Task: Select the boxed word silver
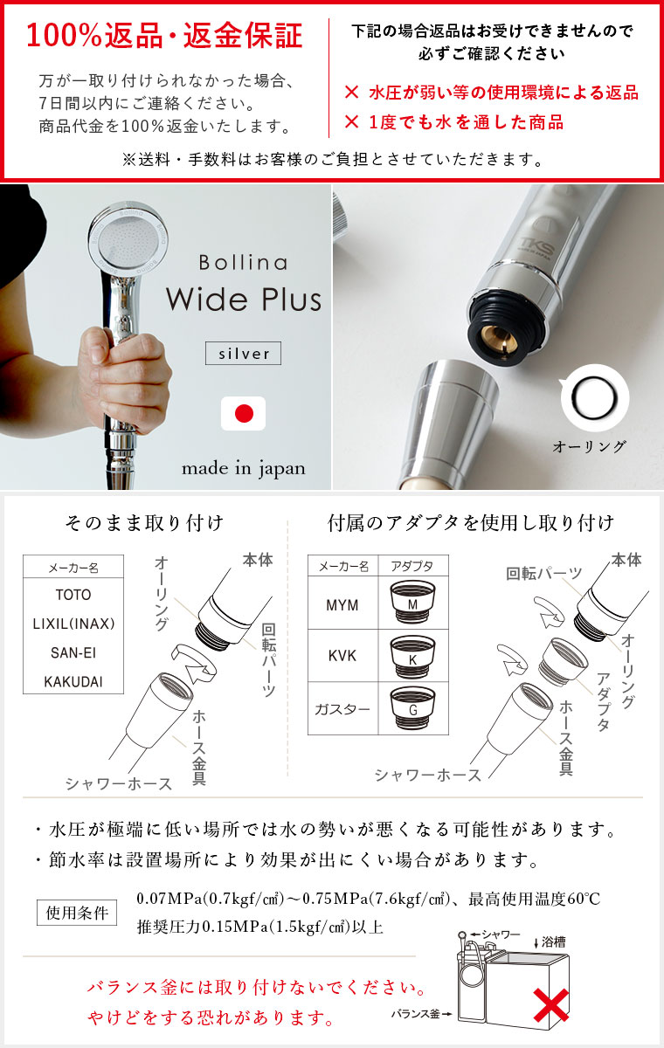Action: tap(244, 353)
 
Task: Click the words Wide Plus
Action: tap(244, 300)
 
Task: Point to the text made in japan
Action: tap(244, 468)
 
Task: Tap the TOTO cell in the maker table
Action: tap(73, 595)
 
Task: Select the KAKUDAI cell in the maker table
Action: tap(73, 681)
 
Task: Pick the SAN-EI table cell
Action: tap(73, 652)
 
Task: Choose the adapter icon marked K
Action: tap(413, 655)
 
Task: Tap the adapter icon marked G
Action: tap(413, 707)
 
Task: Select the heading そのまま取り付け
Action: tap(144, 524)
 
